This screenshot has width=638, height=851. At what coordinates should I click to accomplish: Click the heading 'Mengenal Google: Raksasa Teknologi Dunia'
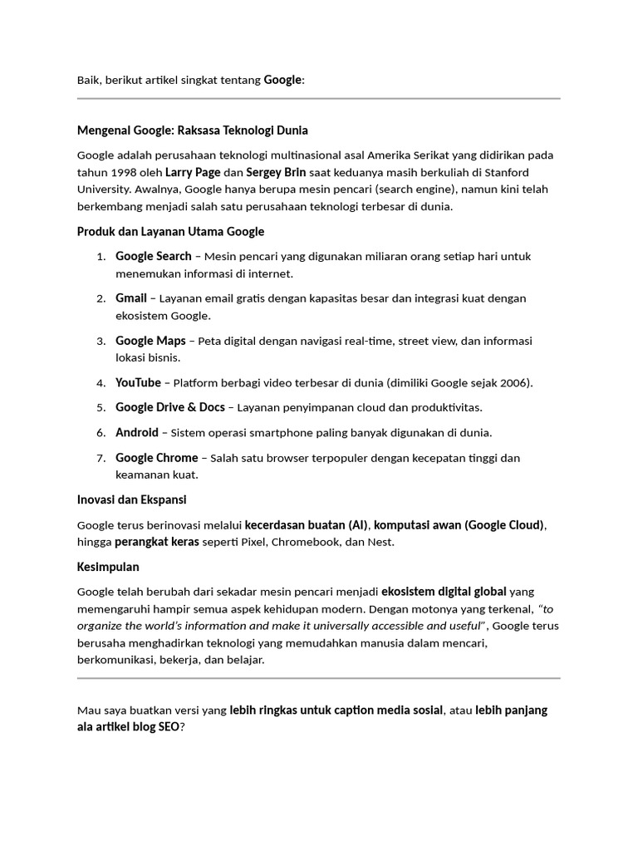[x=193, y=130]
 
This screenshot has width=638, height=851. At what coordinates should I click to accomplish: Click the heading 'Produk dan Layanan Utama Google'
[x=171, y=231]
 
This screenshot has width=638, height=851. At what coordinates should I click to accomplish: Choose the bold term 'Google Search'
[x=154, y=256]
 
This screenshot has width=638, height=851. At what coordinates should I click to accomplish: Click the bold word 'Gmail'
[x=131, y=298]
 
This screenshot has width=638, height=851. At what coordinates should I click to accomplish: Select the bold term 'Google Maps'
[x=150, y=341]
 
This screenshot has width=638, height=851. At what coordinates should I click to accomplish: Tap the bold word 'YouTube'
[x=138, y=383]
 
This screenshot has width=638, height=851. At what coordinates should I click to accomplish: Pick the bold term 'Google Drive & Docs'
[x=170, y=408]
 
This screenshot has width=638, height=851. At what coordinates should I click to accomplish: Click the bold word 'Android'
[x=136, y=433]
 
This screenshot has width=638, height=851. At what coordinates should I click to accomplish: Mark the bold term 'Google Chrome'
[x=157, y=458]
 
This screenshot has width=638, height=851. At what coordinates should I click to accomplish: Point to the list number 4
[x=101, y=383]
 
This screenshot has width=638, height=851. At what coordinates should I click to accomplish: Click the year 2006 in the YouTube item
[x=513, y=383]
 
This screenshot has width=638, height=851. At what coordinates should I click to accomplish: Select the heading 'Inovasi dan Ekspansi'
[x=132, y=500]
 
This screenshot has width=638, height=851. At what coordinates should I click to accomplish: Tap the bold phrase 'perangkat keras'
[x=157, y=543]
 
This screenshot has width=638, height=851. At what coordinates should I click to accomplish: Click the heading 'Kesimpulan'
[x=108, y=568]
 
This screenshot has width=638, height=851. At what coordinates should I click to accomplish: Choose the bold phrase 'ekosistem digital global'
[x=444, y=592]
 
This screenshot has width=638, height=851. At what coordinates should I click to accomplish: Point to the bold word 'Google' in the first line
[x=283, y=80]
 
